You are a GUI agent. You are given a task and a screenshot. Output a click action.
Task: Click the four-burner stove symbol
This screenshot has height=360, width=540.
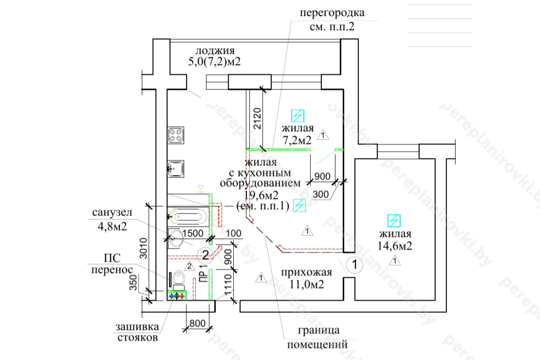point(176,135)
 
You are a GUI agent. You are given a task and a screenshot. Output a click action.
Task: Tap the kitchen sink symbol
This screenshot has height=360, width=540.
point(176,169)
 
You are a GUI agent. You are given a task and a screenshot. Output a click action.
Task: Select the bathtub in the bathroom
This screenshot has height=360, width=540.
point(188,217)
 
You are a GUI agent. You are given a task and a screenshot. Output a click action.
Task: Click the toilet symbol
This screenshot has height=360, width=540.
point(178,280)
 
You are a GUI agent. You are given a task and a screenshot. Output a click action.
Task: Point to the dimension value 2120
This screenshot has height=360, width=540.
point(257,119)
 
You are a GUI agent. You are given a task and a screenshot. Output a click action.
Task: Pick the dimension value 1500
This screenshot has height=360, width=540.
point(193,233)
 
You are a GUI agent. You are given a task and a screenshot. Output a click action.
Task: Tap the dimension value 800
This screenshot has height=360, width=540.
point(197,323)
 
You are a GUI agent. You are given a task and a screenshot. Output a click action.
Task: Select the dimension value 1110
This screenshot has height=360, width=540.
point(228,285)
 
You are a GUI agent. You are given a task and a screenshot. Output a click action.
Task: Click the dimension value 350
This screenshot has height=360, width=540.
point(133,282)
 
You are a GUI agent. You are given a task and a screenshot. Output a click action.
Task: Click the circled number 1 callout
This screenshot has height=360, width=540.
point(355,265)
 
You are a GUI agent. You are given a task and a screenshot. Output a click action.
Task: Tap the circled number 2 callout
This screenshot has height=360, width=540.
point(205,255)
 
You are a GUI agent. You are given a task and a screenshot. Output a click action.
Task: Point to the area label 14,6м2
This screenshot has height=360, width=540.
point(394,246)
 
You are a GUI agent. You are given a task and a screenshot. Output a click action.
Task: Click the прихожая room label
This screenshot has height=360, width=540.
point(306,273)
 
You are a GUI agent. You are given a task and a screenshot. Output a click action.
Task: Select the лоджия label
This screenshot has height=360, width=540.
point(215,51)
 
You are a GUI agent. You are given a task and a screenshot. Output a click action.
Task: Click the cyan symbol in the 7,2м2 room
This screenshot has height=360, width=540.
point(297,116)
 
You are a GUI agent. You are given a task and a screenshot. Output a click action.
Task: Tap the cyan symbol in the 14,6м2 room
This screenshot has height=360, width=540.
point(394,221)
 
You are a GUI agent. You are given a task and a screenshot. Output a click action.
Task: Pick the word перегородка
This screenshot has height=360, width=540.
point(332,13)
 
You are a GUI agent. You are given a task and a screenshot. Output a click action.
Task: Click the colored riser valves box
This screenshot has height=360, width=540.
point(177,295)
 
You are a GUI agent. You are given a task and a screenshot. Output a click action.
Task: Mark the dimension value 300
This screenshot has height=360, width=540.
point(321,194)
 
